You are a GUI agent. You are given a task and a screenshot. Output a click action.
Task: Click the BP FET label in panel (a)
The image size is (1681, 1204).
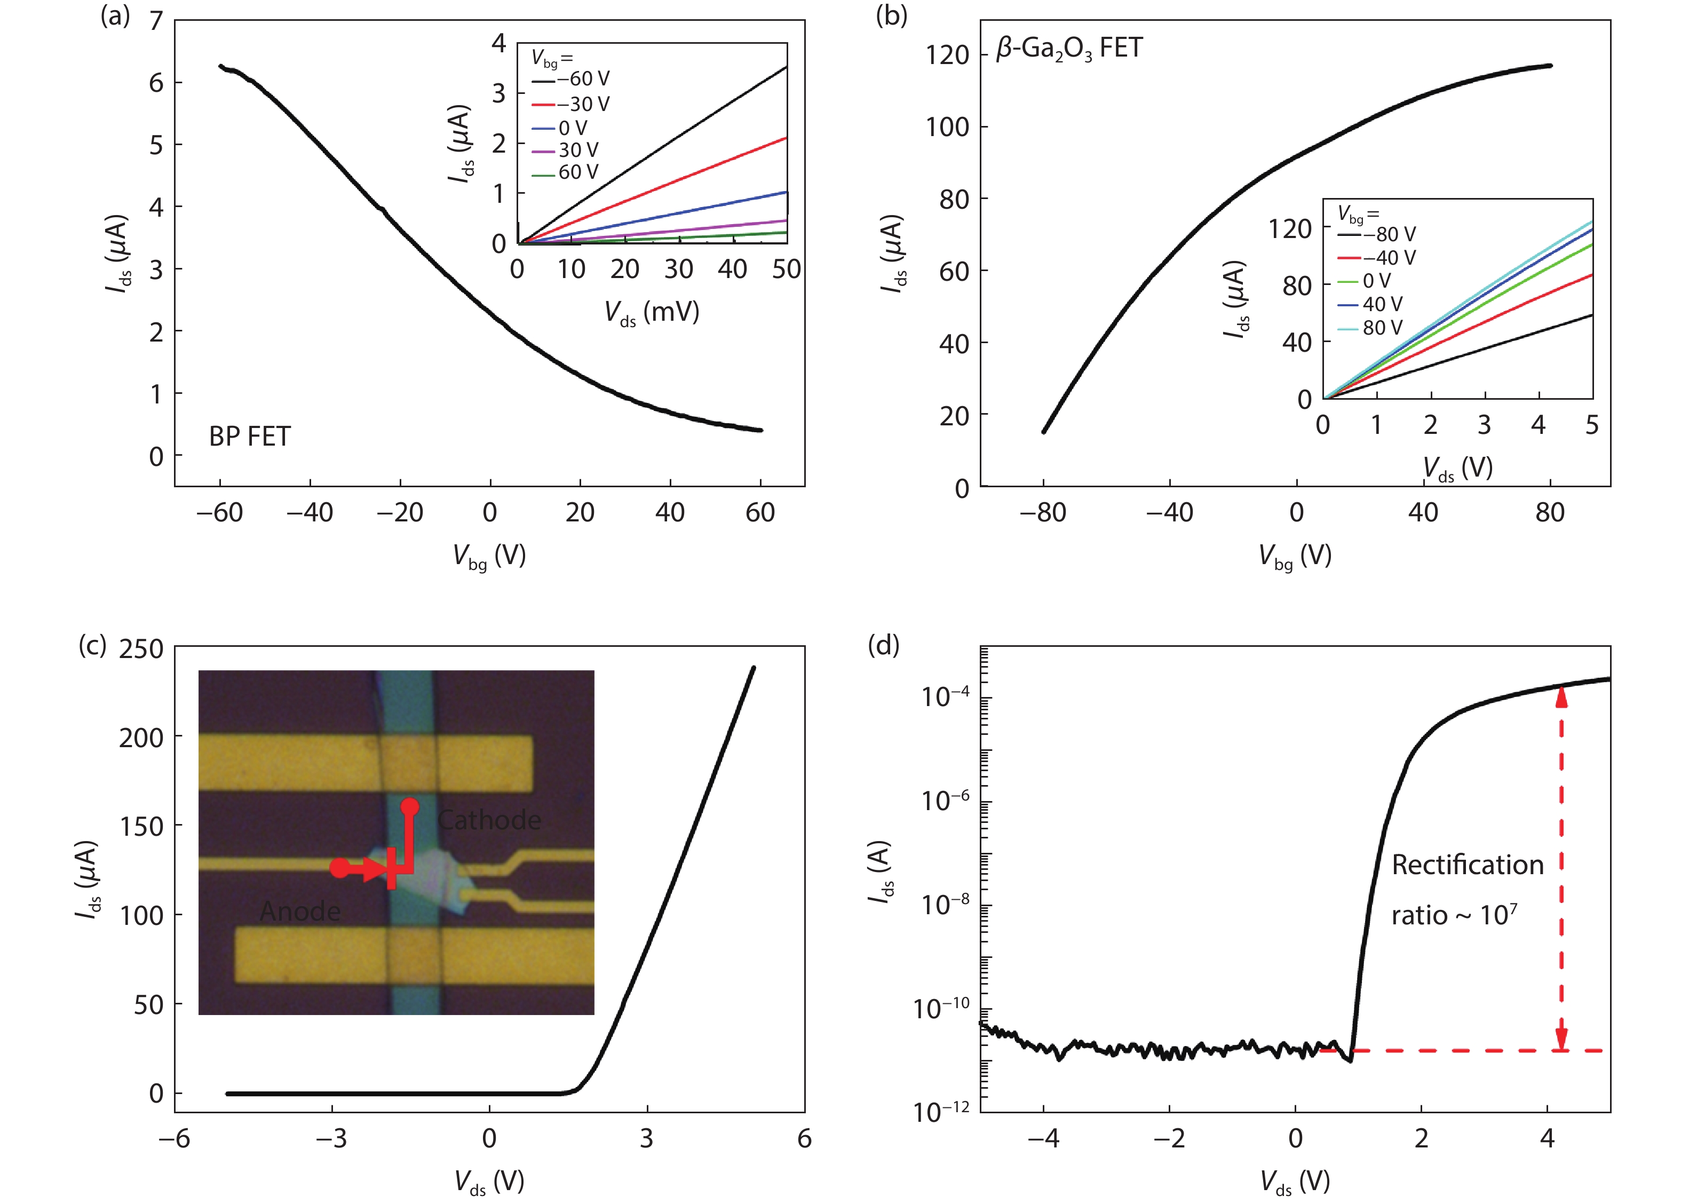point(250,436)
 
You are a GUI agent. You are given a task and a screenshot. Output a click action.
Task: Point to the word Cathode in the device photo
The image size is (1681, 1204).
point(489,820)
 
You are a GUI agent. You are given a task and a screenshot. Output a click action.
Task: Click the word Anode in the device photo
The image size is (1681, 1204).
point(300,911)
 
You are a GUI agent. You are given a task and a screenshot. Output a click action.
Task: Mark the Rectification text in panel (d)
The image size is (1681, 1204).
point(1468,865)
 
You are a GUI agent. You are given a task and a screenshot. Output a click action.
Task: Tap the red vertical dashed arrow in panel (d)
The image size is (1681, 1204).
point(1561,867)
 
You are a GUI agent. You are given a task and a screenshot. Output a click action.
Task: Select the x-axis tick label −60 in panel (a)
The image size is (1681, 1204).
point(219,512)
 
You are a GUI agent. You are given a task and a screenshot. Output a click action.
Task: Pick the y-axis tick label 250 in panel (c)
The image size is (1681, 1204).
point(141,649)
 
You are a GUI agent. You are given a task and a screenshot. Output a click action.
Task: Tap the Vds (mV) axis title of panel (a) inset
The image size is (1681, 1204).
point(652,312)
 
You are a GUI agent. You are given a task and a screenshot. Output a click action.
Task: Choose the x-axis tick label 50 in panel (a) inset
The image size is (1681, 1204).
point(787,269)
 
